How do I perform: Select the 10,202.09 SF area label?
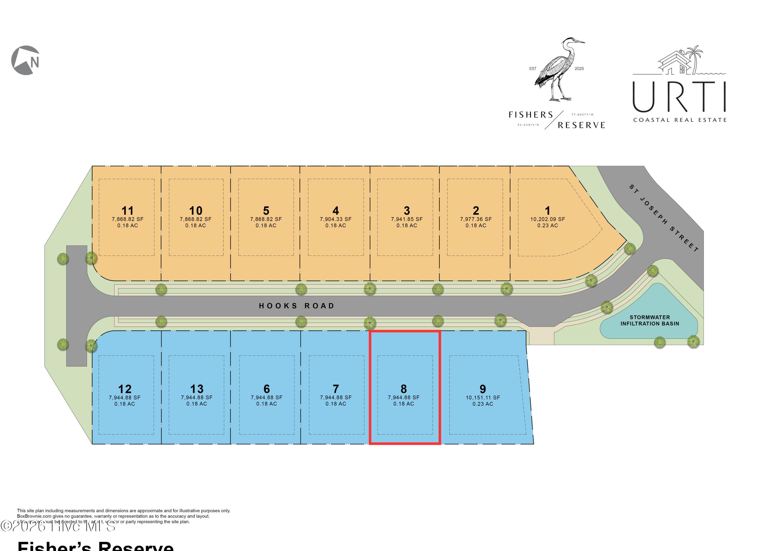pyautogui.click(x=548, y=219)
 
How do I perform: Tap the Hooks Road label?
pyautogui.click(x=297, y=306)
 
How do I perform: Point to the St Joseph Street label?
pyautogui.click(x=664, y=218)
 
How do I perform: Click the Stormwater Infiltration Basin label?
pyautogui.click(x=650, y=321)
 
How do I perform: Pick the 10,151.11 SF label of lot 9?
pyautogui.click(x=483, y=397)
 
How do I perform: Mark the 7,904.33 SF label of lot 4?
pyautogui.click(x=335, y=219)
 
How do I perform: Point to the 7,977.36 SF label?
pyautogui.click(x=476, y=219)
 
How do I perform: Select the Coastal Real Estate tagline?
pyautogui.click(x=680, y=120)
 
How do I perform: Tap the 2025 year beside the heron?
pyautogui.click(x=579, y=69)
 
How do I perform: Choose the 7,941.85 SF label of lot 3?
pyautogui.click(x=407, y=219)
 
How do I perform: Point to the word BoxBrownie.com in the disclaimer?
pyautogui.click(x=34, y=516)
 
